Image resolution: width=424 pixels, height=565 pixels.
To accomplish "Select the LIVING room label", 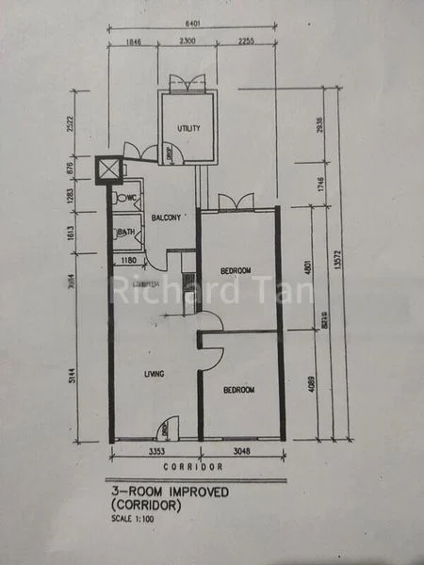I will coord(154,374).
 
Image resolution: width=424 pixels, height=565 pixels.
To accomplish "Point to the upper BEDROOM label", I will coord(236,271).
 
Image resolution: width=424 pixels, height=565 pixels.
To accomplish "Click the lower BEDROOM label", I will coord(237,388).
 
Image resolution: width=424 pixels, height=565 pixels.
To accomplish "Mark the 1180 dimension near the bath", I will coord(129,259).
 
